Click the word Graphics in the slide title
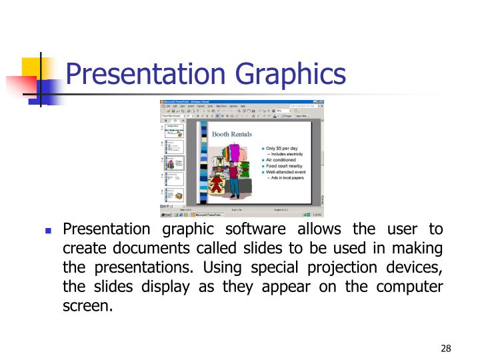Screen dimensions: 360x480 tap(291, 74)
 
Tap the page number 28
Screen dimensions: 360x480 tap(446, 349)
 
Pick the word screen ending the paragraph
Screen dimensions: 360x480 tap(86, 307)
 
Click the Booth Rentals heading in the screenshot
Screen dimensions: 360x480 tap(231, 134)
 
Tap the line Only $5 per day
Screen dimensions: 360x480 tap(283, 148)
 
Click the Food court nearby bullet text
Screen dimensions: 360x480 tap(287, 166)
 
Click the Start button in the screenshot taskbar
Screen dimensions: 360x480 tap(167, 215)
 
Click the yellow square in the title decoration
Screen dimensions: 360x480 tap(33, 69)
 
